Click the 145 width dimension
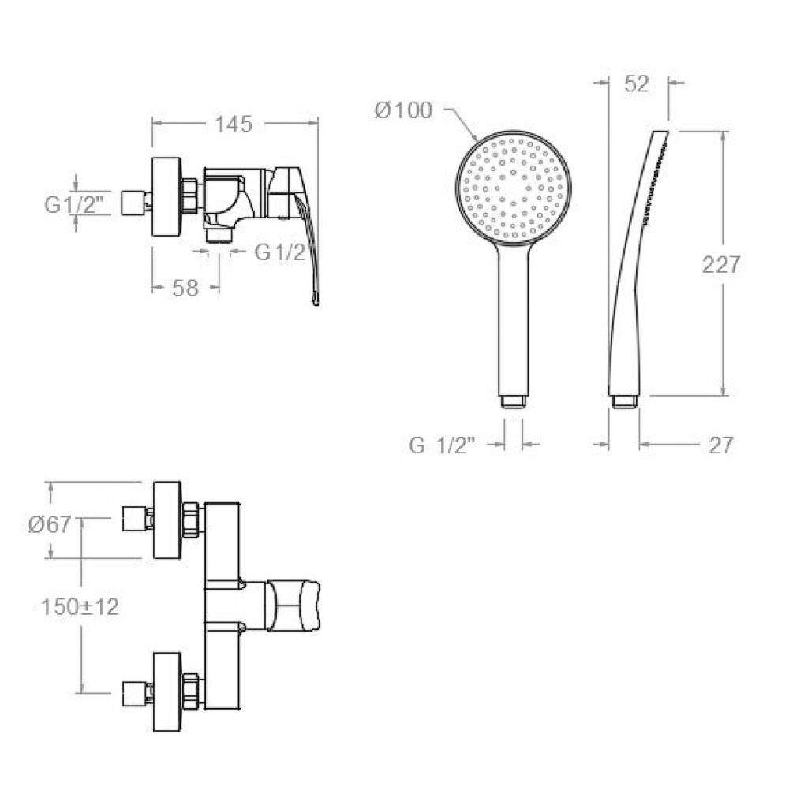pos(234,124)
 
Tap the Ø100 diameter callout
pos(403,110)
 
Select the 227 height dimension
pos(721,264)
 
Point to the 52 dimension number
pos(636,84)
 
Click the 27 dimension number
pos(721,445)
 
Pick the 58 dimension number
pos(185,289)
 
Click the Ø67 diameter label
pos(50,524)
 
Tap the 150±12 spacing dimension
pos(80,606)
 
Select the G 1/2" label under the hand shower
pos(442,445)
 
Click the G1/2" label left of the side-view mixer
pos(74,204)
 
